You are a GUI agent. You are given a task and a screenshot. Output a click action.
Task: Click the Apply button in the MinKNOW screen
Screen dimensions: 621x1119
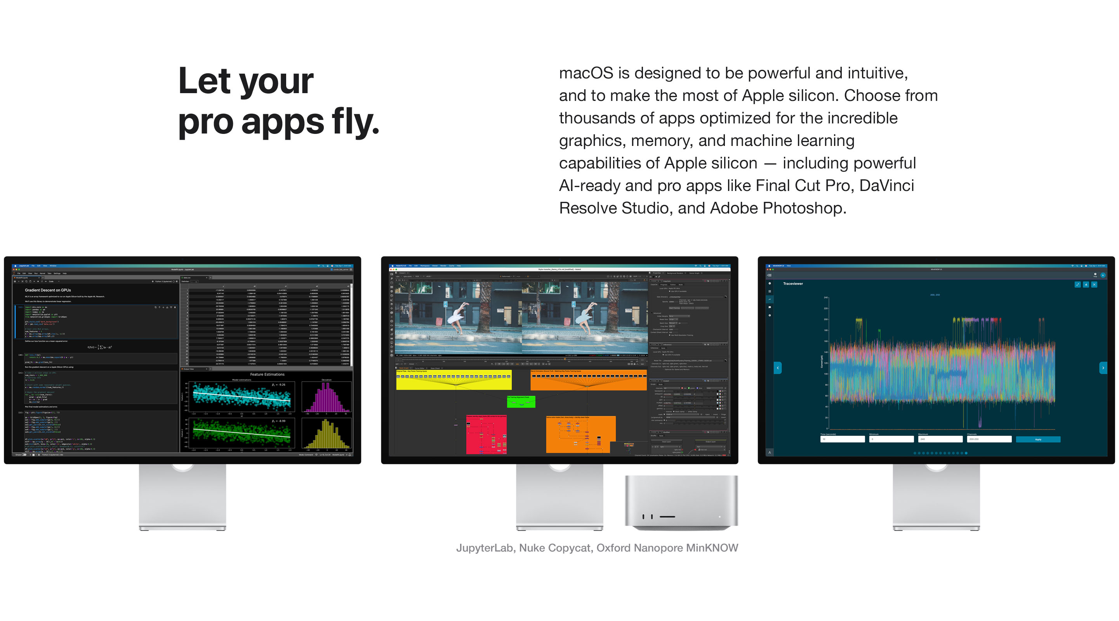click(1038, 439)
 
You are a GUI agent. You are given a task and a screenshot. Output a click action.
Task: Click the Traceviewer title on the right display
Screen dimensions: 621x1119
click(793, 284)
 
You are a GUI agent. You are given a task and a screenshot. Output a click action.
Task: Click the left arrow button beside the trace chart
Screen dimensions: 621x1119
click(778, 368)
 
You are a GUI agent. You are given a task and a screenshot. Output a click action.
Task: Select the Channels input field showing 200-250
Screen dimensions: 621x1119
click(989, 439)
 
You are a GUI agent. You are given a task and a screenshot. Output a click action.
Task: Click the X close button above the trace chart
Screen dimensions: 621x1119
click(1094, 284)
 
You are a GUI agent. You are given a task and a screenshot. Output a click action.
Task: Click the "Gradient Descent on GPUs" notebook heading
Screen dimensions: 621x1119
click(48, 290)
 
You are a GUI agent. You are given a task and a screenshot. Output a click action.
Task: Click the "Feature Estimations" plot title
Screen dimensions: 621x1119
click(267, 374)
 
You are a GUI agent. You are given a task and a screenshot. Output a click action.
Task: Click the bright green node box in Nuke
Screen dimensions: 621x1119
click(521, 402)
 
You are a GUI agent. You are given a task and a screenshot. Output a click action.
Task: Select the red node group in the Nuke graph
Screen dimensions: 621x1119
click(486, 435)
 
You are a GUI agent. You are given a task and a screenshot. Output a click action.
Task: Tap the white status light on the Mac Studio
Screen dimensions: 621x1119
click(719, 516)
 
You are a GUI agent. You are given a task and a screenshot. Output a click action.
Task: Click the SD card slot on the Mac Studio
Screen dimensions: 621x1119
click(667, 516)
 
